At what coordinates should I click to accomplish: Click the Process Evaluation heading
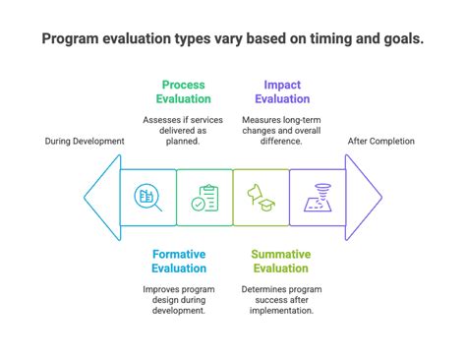click(x=183, y=92)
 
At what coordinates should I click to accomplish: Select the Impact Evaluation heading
click(x=282, y=92)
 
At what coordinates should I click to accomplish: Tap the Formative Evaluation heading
click(x=179, y=261)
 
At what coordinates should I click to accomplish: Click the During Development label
click(x=85, y=142)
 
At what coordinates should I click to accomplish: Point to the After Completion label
click(x=380, y=142)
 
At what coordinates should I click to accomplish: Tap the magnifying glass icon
click(x=147, y=198)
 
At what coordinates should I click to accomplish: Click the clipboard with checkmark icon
click(x=204, y=198)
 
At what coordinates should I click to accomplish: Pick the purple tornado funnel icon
click(x=318, y=198)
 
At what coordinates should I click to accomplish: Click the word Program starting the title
click(x=72, y=40)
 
